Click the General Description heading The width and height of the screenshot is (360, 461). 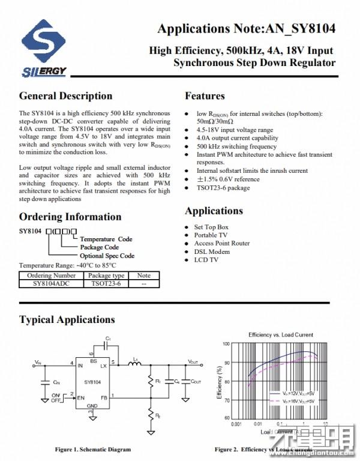(x=65, y=96)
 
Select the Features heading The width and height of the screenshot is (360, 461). (x=205, y=96)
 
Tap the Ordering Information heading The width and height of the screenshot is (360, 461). (x=70, y=217)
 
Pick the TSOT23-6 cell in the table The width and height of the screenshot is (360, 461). (x=106, y=283)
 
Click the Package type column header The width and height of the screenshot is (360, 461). (x=106, y=276)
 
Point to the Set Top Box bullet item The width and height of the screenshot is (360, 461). (x=211, y=227)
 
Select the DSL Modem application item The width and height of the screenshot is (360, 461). (x=212, y=252)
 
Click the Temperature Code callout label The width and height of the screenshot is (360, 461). (x=106, y=239)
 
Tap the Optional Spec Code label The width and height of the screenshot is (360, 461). (x=107, y=256)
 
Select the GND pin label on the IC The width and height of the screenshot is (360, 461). (x=92, y=406)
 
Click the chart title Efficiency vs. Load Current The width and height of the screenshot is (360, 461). (x=280, y=334)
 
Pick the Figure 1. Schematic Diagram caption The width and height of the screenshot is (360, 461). (x=92, y=449)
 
